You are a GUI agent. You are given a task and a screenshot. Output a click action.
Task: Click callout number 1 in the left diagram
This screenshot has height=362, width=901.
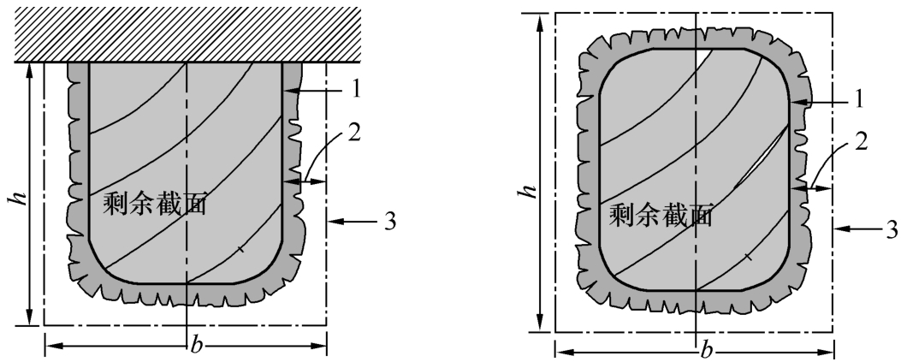[x=356, y=90]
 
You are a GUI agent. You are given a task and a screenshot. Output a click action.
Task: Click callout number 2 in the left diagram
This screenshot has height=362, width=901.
[x=354, y=134]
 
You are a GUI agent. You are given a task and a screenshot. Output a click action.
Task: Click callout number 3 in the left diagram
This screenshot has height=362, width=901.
[x=389, y=221]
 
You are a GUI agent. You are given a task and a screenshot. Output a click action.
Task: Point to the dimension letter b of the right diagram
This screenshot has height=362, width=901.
[x=706, y=349]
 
